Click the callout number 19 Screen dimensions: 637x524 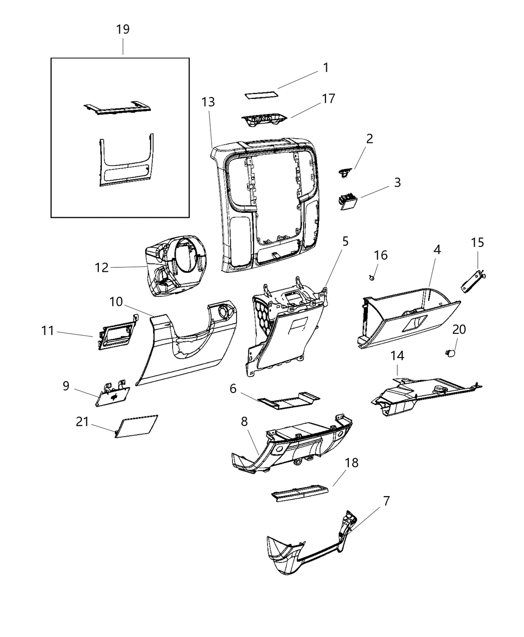123,29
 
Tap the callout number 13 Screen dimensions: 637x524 208,102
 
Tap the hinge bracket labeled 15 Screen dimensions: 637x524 472,281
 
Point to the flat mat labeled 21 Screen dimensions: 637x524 136,426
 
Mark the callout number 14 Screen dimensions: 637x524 397,356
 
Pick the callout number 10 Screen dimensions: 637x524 116,302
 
